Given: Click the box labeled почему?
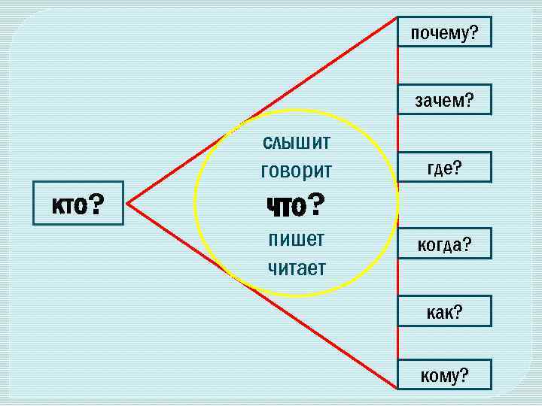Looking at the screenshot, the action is pyautogui.click(x=444, y=32).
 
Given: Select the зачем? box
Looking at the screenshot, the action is pyautogui.click(x=444, y=99).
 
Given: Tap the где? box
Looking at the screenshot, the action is pyautogui.click(x=444, y=168).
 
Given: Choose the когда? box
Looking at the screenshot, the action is pyautogui.click(x=444, y=244).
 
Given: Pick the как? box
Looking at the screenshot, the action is pyautogui.click(x=444, y=311).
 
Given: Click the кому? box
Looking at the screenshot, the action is pyautogui.click(x=444, y=374).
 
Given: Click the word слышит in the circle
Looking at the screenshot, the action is pyautogui.click(x=297, y=142).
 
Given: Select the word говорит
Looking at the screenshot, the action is pyautogui.click(x=296, y=171).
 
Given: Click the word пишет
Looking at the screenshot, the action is pyautogui.click(x=297, y=239).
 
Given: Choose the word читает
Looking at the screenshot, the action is pyautogui.click(x=297, y=266).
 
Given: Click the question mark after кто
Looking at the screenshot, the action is pyautogui.click(x=96, y=203).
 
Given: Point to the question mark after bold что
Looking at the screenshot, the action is pyautogui.click(x=316, y=203).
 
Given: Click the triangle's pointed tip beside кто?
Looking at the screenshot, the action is pyautogui.click(x=128, y=203).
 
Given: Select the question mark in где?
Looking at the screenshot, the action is pyautogui.click(x=458, y=168).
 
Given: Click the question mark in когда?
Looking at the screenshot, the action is pyautogui.click(x=467, y=244).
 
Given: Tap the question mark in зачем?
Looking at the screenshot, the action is pyautogui.click(x=469, y=99).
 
